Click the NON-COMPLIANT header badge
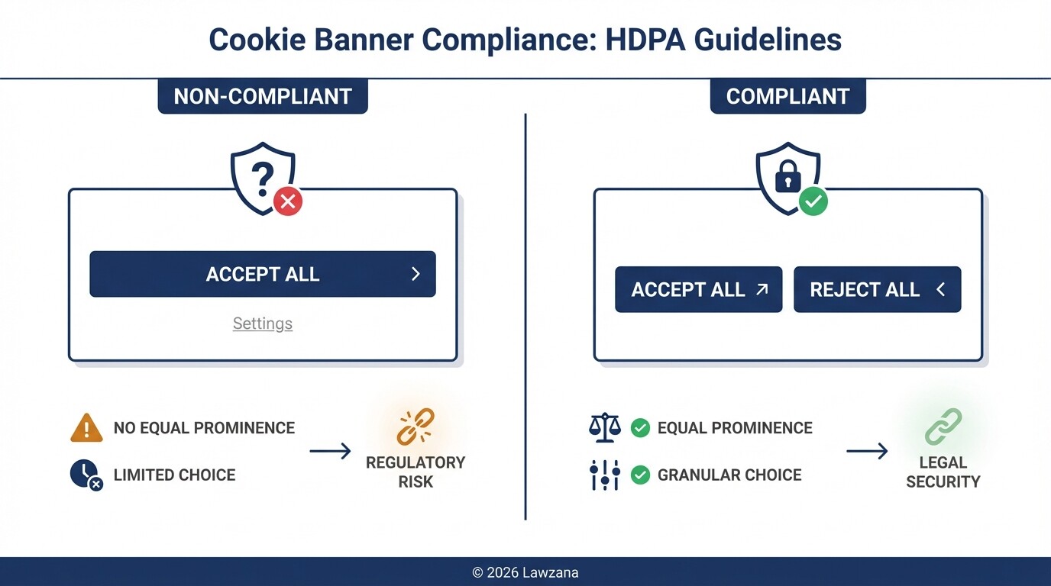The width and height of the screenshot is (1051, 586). pyautogui.click(x=263, y=97)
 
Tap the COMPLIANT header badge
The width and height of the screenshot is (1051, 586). pyautogui.click(x=787, y=97)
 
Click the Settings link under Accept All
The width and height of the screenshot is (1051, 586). pyautogui.click(x=263, y=324)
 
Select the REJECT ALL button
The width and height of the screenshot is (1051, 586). pyautogui.click(x=877, y=290)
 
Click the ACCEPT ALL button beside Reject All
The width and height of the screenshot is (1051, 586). pyautogui.click(x=698, y=290)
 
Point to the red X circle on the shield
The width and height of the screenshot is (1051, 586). pyautogui.click(x=288, y=201)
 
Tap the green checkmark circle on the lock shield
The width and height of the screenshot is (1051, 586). pyautogui.click(x=813, y=201)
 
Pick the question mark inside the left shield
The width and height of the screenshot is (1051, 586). pyautogui.click(x=262, y=177)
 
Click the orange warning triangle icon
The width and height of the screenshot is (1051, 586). pyautogui.click(x=86, y=428)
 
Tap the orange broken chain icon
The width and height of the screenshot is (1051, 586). pyautogui.click(x=416, y=427)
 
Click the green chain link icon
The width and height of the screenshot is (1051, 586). pyautogui.click(x=943, y=427)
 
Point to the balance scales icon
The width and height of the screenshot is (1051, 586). pyautogui.click(x=605, y=428)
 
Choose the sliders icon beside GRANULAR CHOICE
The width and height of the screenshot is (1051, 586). pyautogui.click(x=605, y=475)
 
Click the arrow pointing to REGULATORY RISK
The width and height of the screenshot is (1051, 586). pyautogui.click(x=330, y=452)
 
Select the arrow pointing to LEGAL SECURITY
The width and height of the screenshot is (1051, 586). pyautogui.click(x=867, y=452)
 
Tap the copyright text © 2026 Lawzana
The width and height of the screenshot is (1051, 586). pyautogui.click(x=525, y=572)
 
